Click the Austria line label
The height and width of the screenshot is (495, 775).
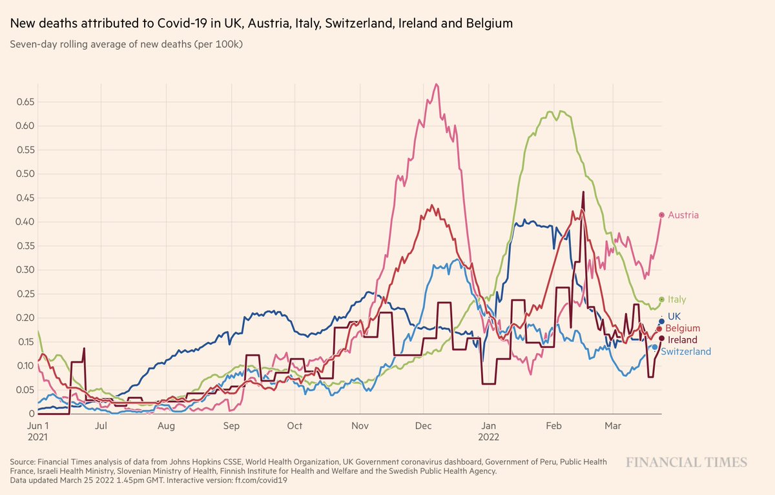point(683,215)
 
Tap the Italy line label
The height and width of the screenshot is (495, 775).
point(677,299)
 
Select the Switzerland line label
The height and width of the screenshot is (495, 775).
point(686,352)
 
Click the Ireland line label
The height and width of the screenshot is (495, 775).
point(683,339)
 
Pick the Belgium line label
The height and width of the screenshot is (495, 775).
point(684,328)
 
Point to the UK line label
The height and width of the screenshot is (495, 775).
point(675,316)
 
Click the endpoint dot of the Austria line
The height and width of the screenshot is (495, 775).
point(661,215)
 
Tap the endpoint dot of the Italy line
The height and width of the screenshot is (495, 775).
point(661,299)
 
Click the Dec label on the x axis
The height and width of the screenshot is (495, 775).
point(424,426)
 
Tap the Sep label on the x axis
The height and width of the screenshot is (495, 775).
point(231,426)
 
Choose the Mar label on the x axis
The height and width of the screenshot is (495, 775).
point(612,426)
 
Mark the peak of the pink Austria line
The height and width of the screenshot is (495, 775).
point(437,84)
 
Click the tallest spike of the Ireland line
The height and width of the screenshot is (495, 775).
point(583,192)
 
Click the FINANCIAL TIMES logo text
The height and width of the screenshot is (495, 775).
point(687,462)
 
